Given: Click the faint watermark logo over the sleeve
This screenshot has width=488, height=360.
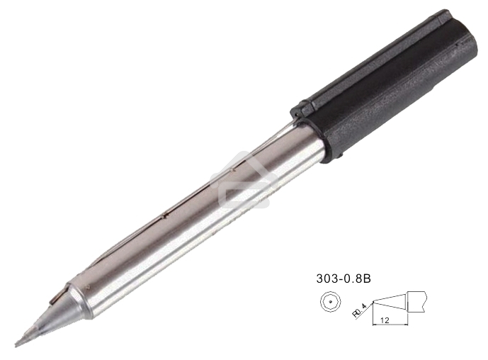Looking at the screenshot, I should [x=244, y=181].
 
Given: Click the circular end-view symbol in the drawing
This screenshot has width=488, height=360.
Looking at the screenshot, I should [x=328, y=303].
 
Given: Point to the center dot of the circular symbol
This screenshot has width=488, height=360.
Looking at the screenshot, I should [x=328, y=303].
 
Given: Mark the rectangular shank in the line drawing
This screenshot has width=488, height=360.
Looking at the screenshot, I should [x=417, y=300].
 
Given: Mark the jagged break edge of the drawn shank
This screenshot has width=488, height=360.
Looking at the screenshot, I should [x=426, y=300].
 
